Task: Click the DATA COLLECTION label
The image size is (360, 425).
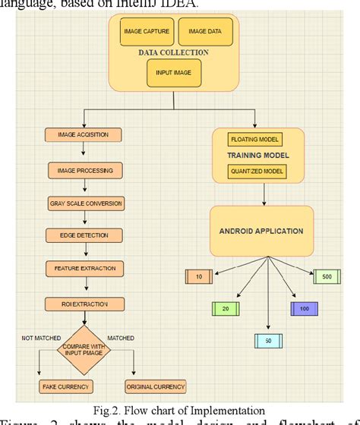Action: point(174,53)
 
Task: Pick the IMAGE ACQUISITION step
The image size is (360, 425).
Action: point(83,135)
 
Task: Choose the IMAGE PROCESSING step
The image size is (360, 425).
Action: point(86,170)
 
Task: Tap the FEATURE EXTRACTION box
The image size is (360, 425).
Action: point(85,269)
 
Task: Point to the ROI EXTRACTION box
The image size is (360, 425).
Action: point(84,305)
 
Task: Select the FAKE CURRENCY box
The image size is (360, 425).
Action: point(65,386)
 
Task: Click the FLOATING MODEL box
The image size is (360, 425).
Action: point(254,140)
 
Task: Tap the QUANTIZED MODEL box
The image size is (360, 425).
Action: point(256,172)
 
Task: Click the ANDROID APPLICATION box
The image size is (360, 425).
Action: point(262,231)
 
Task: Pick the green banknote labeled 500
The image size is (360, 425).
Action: point(325,277)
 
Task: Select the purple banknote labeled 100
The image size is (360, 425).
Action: point(304,309)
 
